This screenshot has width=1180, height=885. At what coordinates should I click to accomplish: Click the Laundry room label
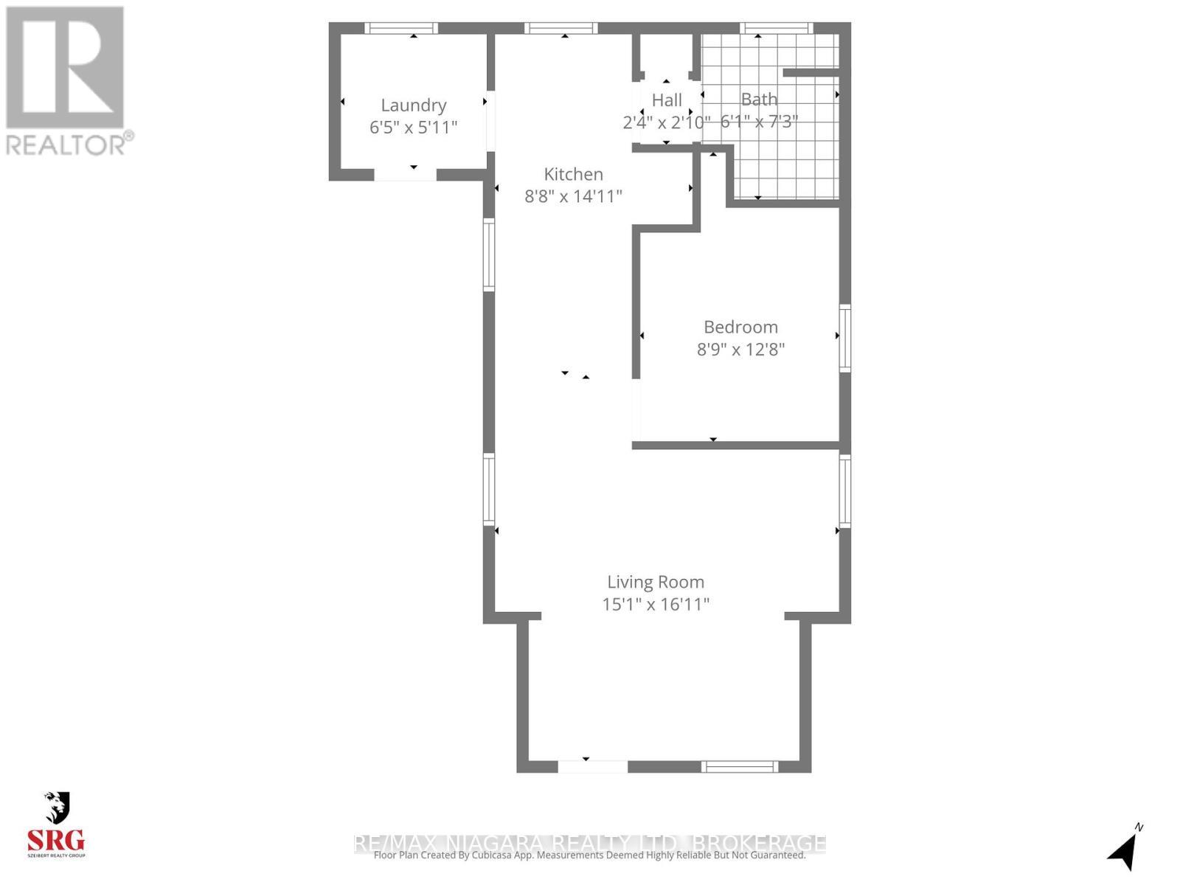(413, 105)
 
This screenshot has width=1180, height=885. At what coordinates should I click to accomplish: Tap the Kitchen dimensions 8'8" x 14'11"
(573, 196)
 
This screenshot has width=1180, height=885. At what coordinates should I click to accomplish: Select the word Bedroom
(740, 327)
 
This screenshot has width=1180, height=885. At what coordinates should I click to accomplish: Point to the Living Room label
(656, 582)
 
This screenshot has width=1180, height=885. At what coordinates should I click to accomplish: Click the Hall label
(667, 100)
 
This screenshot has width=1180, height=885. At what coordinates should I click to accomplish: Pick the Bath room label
(759, 99)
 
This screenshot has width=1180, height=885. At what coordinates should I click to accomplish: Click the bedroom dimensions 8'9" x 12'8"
(740, 349)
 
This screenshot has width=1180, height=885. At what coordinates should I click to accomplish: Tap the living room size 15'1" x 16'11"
(656, 605)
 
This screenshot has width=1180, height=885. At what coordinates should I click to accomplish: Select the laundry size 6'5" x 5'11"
(413, 127)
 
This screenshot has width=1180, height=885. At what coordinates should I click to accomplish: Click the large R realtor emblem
(65, 66)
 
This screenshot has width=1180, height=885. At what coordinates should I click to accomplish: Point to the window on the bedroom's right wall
(845, 338)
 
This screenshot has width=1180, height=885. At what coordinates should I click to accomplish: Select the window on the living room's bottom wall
(739, 766)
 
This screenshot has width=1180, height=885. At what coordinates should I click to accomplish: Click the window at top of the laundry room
(402, 29)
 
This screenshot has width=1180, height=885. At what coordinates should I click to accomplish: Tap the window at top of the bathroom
(776, 29)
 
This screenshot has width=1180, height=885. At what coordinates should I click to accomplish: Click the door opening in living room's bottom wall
(592, 766)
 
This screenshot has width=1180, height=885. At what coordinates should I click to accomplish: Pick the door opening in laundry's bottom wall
(405, 175)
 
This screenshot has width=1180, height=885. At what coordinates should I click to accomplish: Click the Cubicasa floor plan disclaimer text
(589, 855)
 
